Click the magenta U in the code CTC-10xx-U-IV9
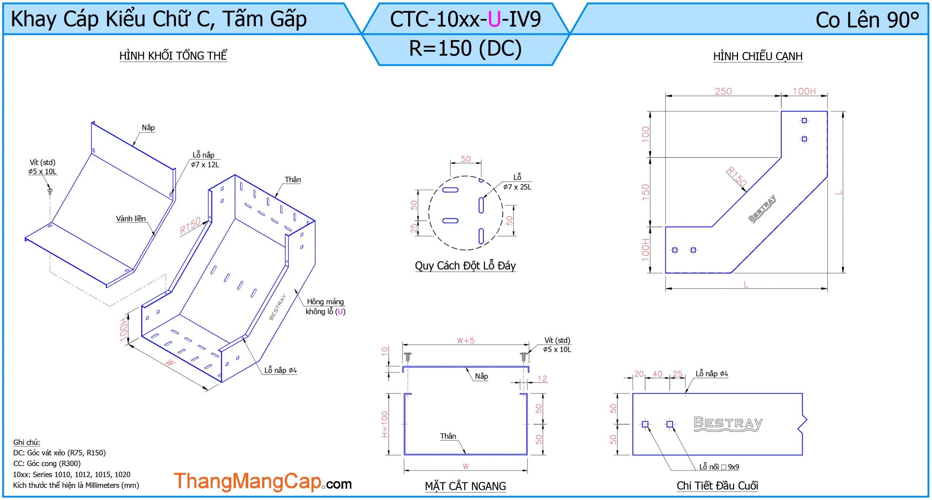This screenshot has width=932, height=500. (x=494, y=19)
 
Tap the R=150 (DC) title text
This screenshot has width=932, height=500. (x=465, y=48)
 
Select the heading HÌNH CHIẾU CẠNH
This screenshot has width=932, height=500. (x=758, y=56)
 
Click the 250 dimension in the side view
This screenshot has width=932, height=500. (x=723, y=91)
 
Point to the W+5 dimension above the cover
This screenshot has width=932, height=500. (x=466, y=340)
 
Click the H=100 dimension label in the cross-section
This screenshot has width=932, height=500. (x=384, y=424)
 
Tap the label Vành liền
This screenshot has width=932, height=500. (x=131, y=218)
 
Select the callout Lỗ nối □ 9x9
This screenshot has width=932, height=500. (x=719, y=467)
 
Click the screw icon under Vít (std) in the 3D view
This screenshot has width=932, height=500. (x=50, y=191)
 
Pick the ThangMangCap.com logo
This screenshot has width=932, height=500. (x=262, y=481)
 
